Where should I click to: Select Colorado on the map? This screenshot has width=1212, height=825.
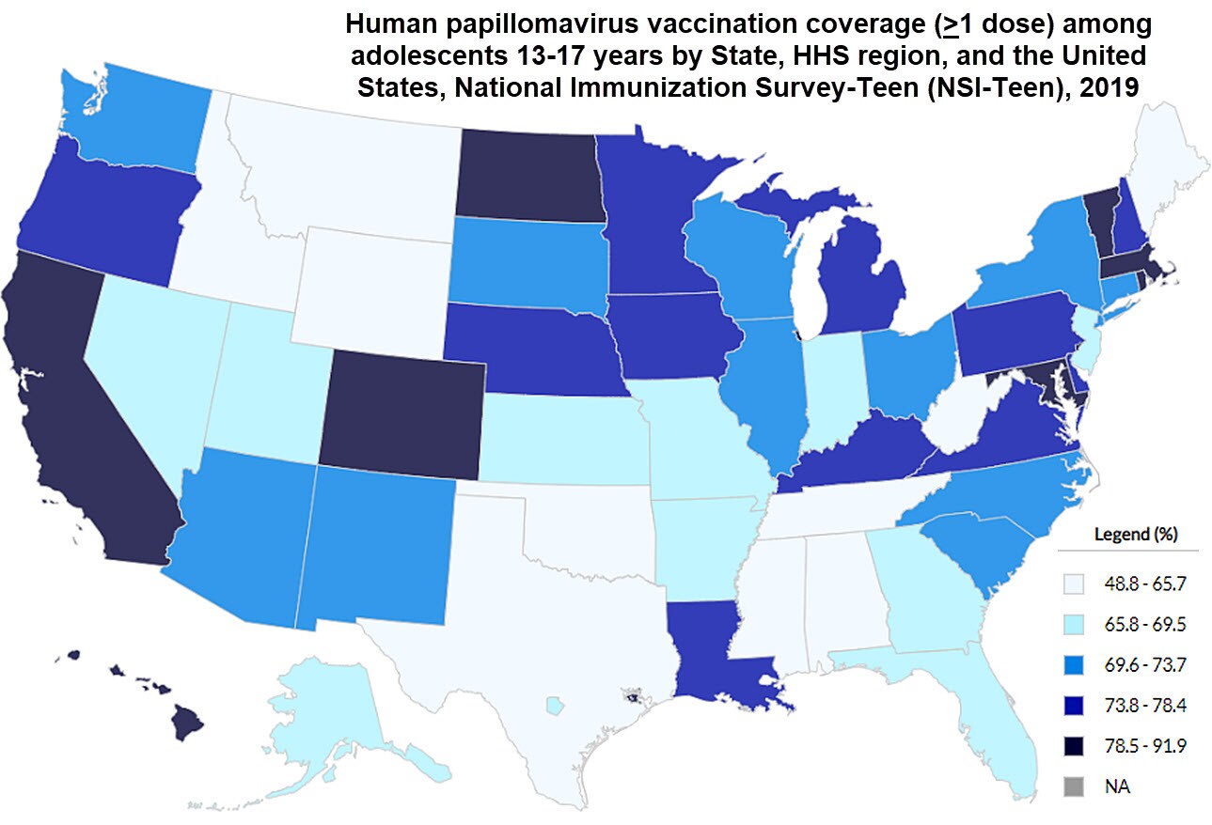[402, 409]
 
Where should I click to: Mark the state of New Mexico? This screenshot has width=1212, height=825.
[376, 545]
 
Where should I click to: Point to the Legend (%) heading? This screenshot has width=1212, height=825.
[1135, 535]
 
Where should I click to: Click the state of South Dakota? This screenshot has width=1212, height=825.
[527, 263]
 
